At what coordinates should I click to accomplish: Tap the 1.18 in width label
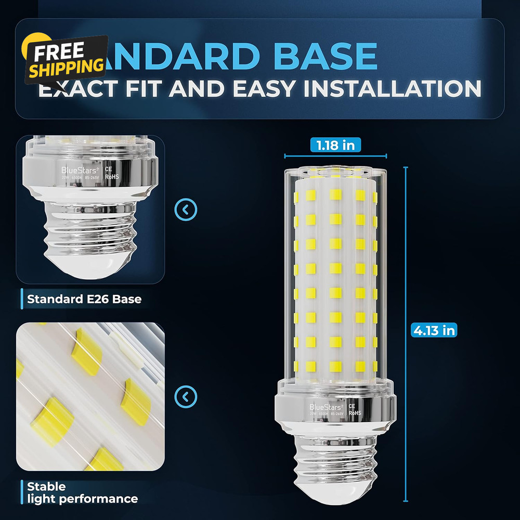(335, 145)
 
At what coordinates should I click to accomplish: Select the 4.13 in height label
(434, 330)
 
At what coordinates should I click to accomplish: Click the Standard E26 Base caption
(84, 299)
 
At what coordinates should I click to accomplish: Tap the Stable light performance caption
(82, 492)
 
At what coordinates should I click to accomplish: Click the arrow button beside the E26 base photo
(186, 210)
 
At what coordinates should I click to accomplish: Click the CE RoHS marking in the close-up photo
(112, 173)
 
